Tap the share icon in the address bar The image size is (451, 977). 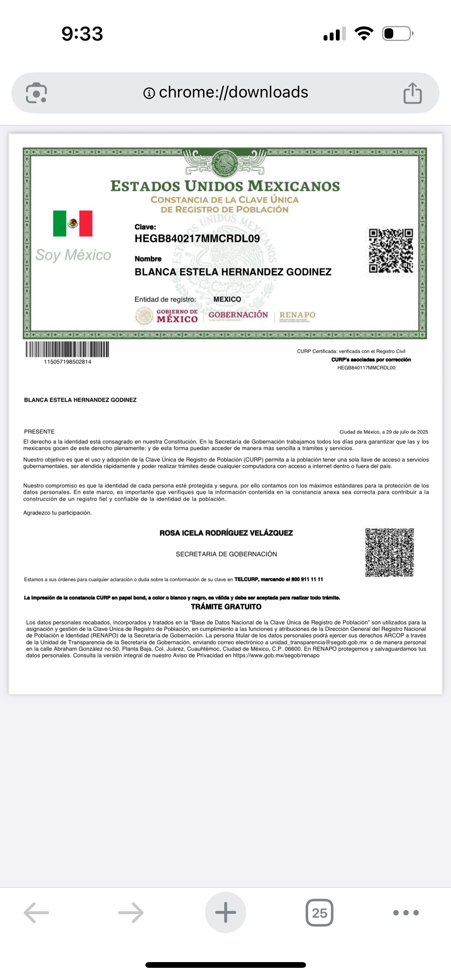click(412, 93)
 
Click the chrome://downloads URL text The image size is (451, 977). click(233, 93)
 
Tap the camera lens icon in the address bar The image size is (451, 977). click(36, 93)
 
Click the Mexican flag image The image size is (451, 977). click(73, 223)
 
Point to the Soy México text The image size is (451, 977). click(73, 255)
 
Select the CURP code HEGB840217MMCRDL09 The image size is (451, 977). click(197, 239)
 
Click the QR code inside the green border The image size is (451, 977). click(391, 251)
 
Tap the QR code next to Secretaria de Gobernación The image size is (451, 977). click(389, 552)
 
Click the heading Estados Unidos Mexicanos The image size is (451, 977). click(225, 186)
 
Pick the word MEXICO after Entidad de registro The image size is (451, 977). click(227, 299)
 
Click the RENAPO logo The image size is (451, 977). click(297, 315)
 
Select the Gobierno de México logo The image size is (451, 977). click(167, 316)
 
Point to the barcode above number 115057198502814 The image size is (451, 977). click(67, 349)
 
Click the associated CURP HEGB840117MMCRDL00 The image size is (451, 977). click(366, 368)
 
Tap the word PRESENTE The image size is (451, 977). click(39, 432)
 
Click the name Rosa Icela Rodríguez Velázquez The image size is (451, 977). click(226, 533)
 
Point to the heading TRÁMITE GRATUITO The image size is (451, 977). click(226, 607)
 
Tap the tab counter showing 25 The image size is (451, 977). click(319, 913)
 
